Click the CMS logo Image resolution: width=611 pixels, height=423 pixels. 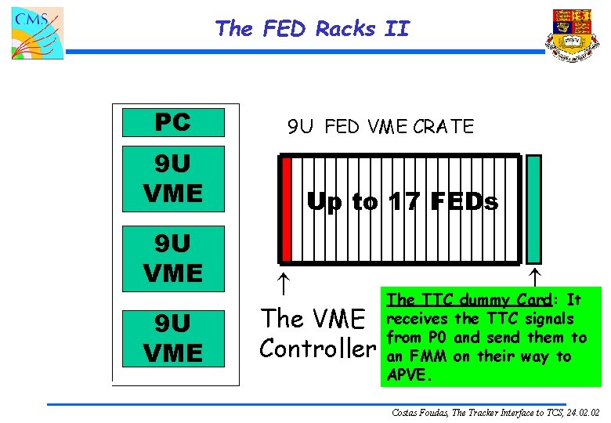pyautogui.click(x=37, y=32)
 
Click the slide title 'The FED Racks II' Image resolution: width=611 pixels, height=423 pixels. pyautogui.click(x=312, y=29)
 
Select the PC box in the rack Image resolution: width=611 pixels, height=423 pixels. pyautogui.click(x=173, y=122)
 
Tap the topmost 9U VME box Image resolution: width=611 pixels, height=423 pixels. pyautogui.click(x=173, y=178)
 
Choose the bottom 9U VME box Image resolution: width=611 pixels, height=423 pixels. pyautogui.click(x=173, y=338)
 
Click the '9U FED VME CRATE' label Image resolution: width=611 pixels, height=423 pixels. pyautogui.click(x=380, y=126)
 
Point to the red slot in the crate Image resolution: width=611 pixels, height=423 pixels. pyautogui.click(x=287, y=208)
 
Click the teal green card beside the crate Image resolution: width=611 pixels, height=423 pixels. pyautogui.click(x=533, y=208)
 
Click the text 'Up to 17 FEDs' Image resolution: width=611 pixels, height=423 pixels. pyautogui.click(x=402, y=202)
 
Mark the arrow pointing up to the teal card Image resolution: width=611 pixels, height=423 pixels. pyautogui.click(x=533, y=276)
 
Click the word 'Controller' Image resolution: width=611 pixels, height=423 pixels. pyautogui.click(x=317, y=348)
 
